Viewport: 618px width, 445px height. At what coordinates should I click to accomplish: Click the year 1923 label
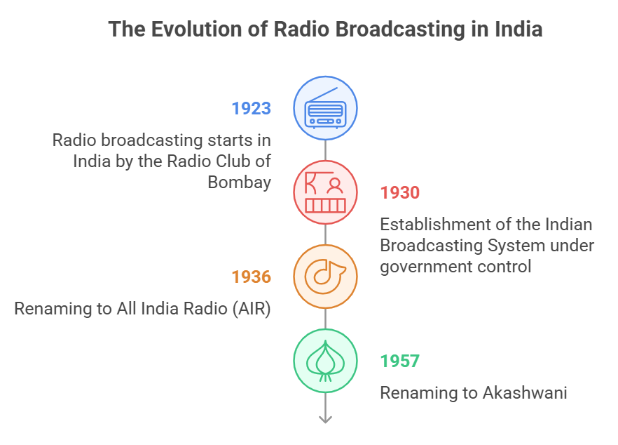coord(251,109)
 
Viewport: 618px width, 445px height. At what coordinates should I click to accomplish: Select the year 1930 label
coord(399,193)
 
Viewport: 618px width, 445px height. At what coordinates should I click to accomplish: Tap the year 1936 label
coord(251,277)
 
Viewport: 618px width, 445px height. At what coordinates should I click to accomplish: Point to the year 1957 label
coord(399,361)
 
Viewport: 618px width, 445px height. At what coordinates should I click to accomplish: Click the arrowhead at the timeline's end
coord(326,420)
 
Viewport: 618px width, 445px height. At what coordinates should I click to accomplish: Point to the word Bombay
coord(239,182)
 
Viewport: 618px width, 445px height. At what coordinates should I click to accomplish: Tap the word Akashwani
coord(525,393)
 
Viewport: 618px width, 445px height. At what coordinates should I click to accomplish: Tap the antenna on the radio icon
coord(323,94)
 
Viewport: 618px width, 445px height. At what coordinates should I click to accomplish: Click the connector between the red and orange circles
coord(326,234)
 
